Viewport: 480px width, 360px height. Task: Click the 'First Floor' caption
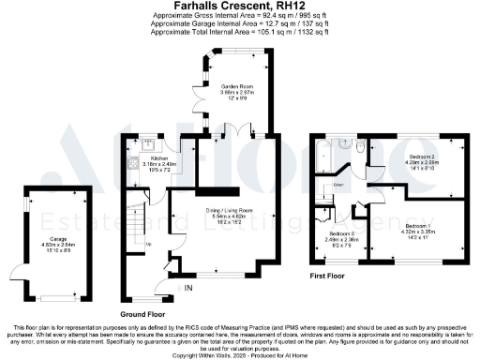coord(331,277)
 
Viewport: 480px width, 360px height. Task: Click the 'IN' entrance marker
coord(188,286)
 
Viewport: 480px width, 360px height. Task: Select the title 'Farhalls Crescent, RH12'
coord(239,7)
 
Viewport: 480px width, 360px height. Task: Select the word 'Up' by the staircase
coord(147,246)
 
